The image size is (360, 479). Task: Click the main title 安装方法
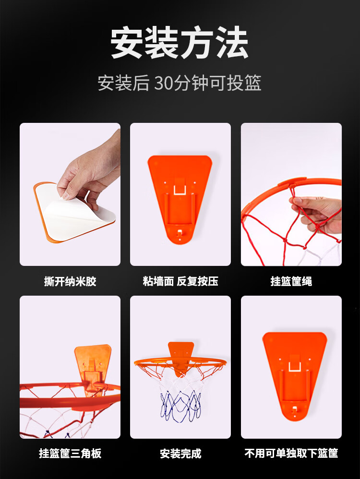180,43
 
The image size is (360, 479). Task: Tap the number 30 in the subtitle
164,83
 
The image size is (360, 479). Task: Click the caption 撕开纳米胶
70,281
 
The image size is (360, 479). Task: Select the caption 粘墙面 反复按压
180,281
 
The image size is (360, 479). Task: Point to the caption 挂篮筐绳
291,281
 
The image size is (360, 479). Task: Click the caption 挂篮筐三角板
70,454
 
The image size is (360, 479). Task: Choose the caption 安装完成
180,454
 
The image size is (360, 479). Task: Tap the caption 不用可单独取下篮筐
291,454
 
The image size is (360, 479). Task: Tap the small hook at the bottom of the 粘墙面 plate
180,233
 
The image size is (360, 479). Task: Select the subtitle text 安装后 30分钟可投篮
180,83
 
